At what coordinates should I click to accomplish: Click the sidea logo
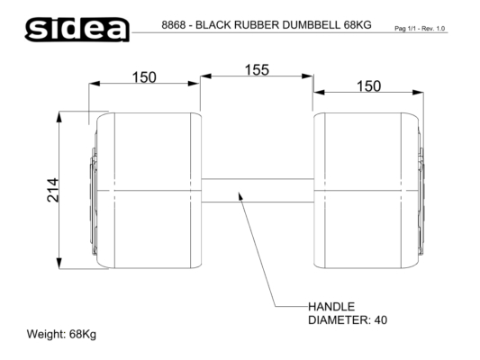point(77,30)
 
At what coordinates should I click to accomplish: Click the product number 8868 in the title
point(174,25)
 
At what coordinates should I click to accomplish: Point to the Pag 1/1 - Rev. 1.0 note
point(420,29)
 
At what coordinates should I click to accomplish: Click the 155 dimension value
point(257,69)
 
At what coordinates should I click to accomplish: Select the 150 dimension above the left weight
point(144,77)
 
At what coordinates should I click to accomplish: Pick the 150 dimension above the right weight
point(369,85)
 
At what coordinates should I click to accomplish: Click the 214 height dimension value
point(52,190)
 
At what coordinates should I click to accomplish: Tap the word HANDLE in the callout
point(331,307)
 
